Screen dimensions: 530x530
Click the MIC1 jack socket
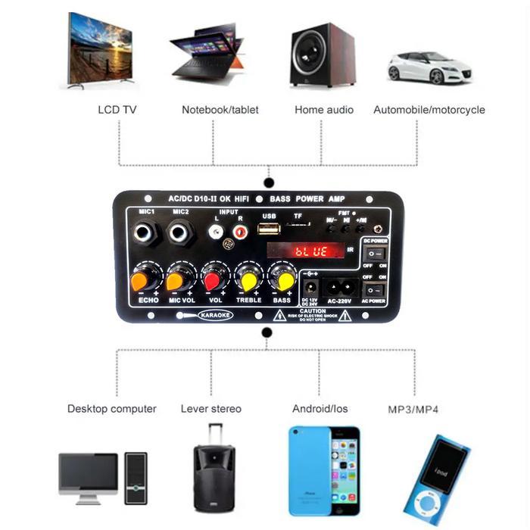click(144, 232)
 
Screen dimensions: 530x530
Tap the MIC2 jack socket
click(180, 232)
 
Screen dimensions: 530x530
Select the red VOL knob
click(214, 280)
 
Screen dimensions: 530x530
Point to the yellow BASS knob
click(284, 281)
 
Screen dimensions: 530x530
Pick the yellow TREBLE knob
click(249, 281)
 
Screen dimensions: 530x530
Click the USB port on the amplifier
click(269, 229)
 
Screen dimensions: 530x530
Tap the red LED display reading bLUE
click(310, 251)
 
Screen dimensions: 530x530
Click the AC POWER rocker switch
click(375, 290)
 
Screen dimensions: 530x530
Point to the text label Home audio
click(324, 110)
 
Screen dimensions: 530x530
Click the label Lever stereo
click(211, 409)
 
